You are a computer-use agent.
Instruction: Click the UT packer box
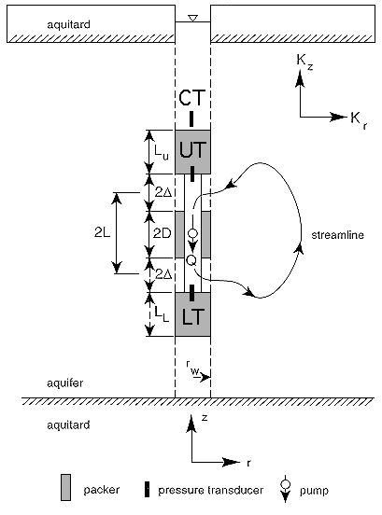(192, 152)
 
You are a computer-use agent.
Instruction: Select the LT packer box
(192, 314)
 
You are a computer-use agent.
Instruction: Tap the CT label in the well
(192, 98)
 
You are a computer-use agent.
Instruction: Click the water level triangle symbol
(193, 18)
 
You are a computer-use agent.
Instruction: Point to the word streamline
(337, 235)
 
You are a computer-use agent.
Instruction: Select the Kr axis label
(359, 119)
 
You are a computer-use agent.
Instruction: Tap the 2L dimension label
(102, 232)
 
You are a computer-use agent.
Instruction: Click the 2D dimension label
(163, 233)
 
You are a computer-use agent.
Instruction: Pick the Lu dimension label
(162, 151)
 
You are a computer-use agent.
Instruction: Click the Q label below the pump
(191, 260)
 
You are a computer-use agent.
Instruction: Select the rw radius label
(193, 369)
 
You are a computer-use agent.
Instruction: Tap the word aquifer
(65, 383)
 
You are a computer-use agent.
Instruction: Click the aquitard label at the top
(68, 24)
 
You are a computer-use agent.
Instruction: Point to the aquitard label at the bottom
(68, 425)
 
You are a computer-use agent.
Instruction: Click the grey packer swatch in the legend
(65, 487)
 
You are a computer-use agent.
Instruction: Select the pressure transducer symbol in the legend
(147, 489)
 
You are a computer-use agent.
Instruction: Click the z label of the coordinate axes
(205, 418)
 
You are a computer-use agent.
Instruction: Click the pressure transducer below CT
(191, 118)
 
